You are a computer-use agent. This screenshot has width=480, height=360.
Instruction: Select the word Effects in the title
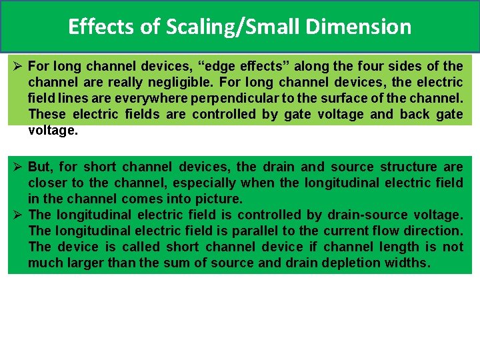(x=103, y=27)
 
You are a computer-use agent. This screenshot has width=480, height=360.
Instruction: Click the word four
(x=361, y=66)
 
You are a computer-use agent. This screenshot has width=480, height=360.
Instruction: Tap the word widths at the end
(x=407, y=263)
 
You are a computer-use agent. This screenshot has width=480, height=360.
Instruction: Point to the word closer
(x=48, y=183)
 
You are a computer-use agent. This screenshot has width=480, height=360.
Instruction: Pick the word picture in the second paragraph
(x=219, y=199)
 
